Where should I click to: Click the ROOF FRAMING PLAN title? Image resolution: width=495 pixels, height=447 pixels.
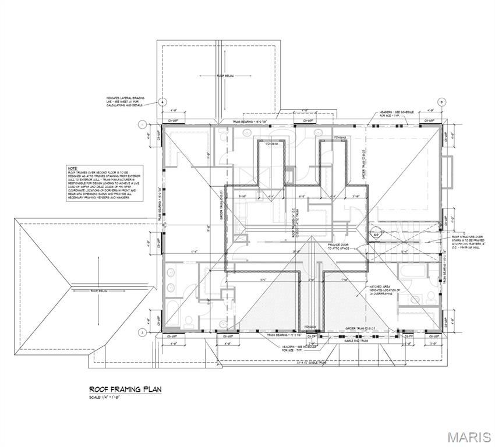pyautogui.click(x=125, y=389)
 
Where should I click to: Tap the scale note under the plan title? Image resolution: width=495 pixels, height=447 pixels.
pyautogui.click(x=109, y=398)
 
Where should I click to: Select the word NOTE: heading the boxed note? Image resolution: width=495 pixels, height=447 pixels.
pyautogui.click(x=73, y=168)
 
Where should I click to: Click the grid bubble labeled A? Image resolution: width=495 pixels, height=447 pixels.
pyautogui.click(x=164, y=101)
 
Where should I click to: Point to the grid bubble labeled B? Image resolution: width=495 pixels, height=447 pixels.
pyautogui.click(x=442, y=101)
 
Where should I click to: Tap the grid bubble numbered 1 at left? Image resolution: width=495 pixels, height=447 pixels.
pyautogui.click(x=142, y=124)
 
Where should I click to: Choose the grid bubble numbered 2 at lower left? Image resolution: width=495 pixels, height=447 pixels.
pyautogui.click(x=142, y=332)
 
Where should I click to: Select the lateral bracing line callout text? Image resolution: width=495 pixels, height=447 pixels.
pyautogui.click(x=125, y=101)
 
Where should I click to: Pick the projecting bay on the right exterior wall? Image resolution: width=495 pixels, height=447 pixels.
pyautogui.click(x=447, y=173)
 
